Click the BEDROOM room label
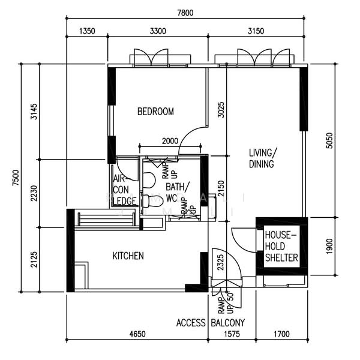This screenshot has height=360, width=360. (x=155, y=112)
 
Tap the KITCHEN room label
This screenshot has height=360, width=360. (x=128, y=256)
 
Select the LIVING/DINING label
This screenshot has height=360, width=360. (x=262, y=158)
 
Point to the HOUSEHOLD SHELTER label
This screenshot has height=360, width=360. (x=281, y=246)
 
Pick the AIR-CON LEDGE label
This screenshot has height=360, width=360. (x=123, y=189)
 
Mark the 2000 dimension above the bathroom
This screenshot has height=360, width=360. (x=170, y=141)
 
